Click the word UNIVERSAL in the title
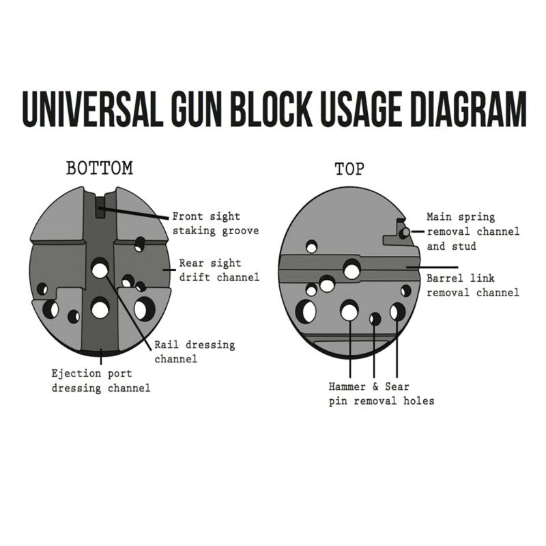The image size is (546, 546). (x=92, y=109)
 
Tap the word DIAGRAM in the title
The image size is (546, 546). (x=469, y=109)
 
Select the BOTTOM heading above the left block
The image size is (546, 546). (x=100, y=168)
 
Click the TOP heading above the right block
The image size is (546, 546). (x=349, y=169)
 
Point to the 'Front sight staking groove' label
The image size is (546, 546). (x=216, y=224)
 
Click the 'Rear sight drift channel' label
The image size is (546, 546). (x=219, y=270)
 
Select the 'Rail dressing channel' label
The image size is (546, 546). (x=195, y=351)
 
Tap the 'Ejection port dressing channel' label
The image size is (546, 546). (x=101, y=381)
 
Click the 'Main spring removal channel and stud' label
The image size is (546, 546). (x=473, y=231)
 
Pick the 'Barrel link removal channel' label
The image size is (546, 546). (x=473, y=285)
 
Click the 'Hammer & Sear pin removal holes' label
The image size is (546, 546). (x=382, y=394)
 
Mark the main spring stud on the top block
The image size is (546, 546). (x=405, y=232)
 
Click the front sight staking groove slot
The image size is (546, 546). (x=100, y=207)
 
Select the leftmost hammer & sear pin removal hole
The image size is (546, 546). (x=349, y=311)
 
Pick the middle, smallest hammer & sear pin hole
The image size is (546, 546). (x=374, y=319)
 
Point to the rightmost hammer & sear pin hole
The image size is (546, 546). (x=397, y=311)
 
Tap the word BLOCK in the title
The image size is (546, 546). (x=271, y=109)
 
